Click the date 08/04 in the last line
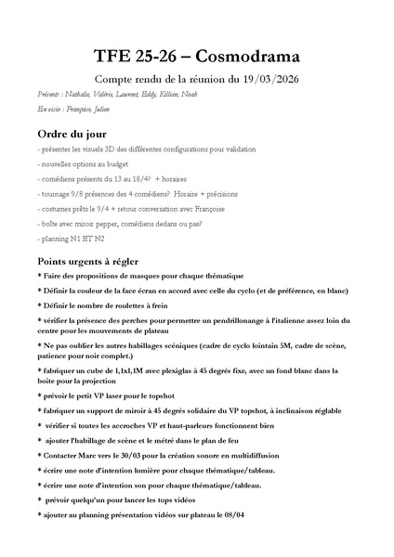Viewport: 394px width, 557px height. pyautogui.click(x=232, y=514)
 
